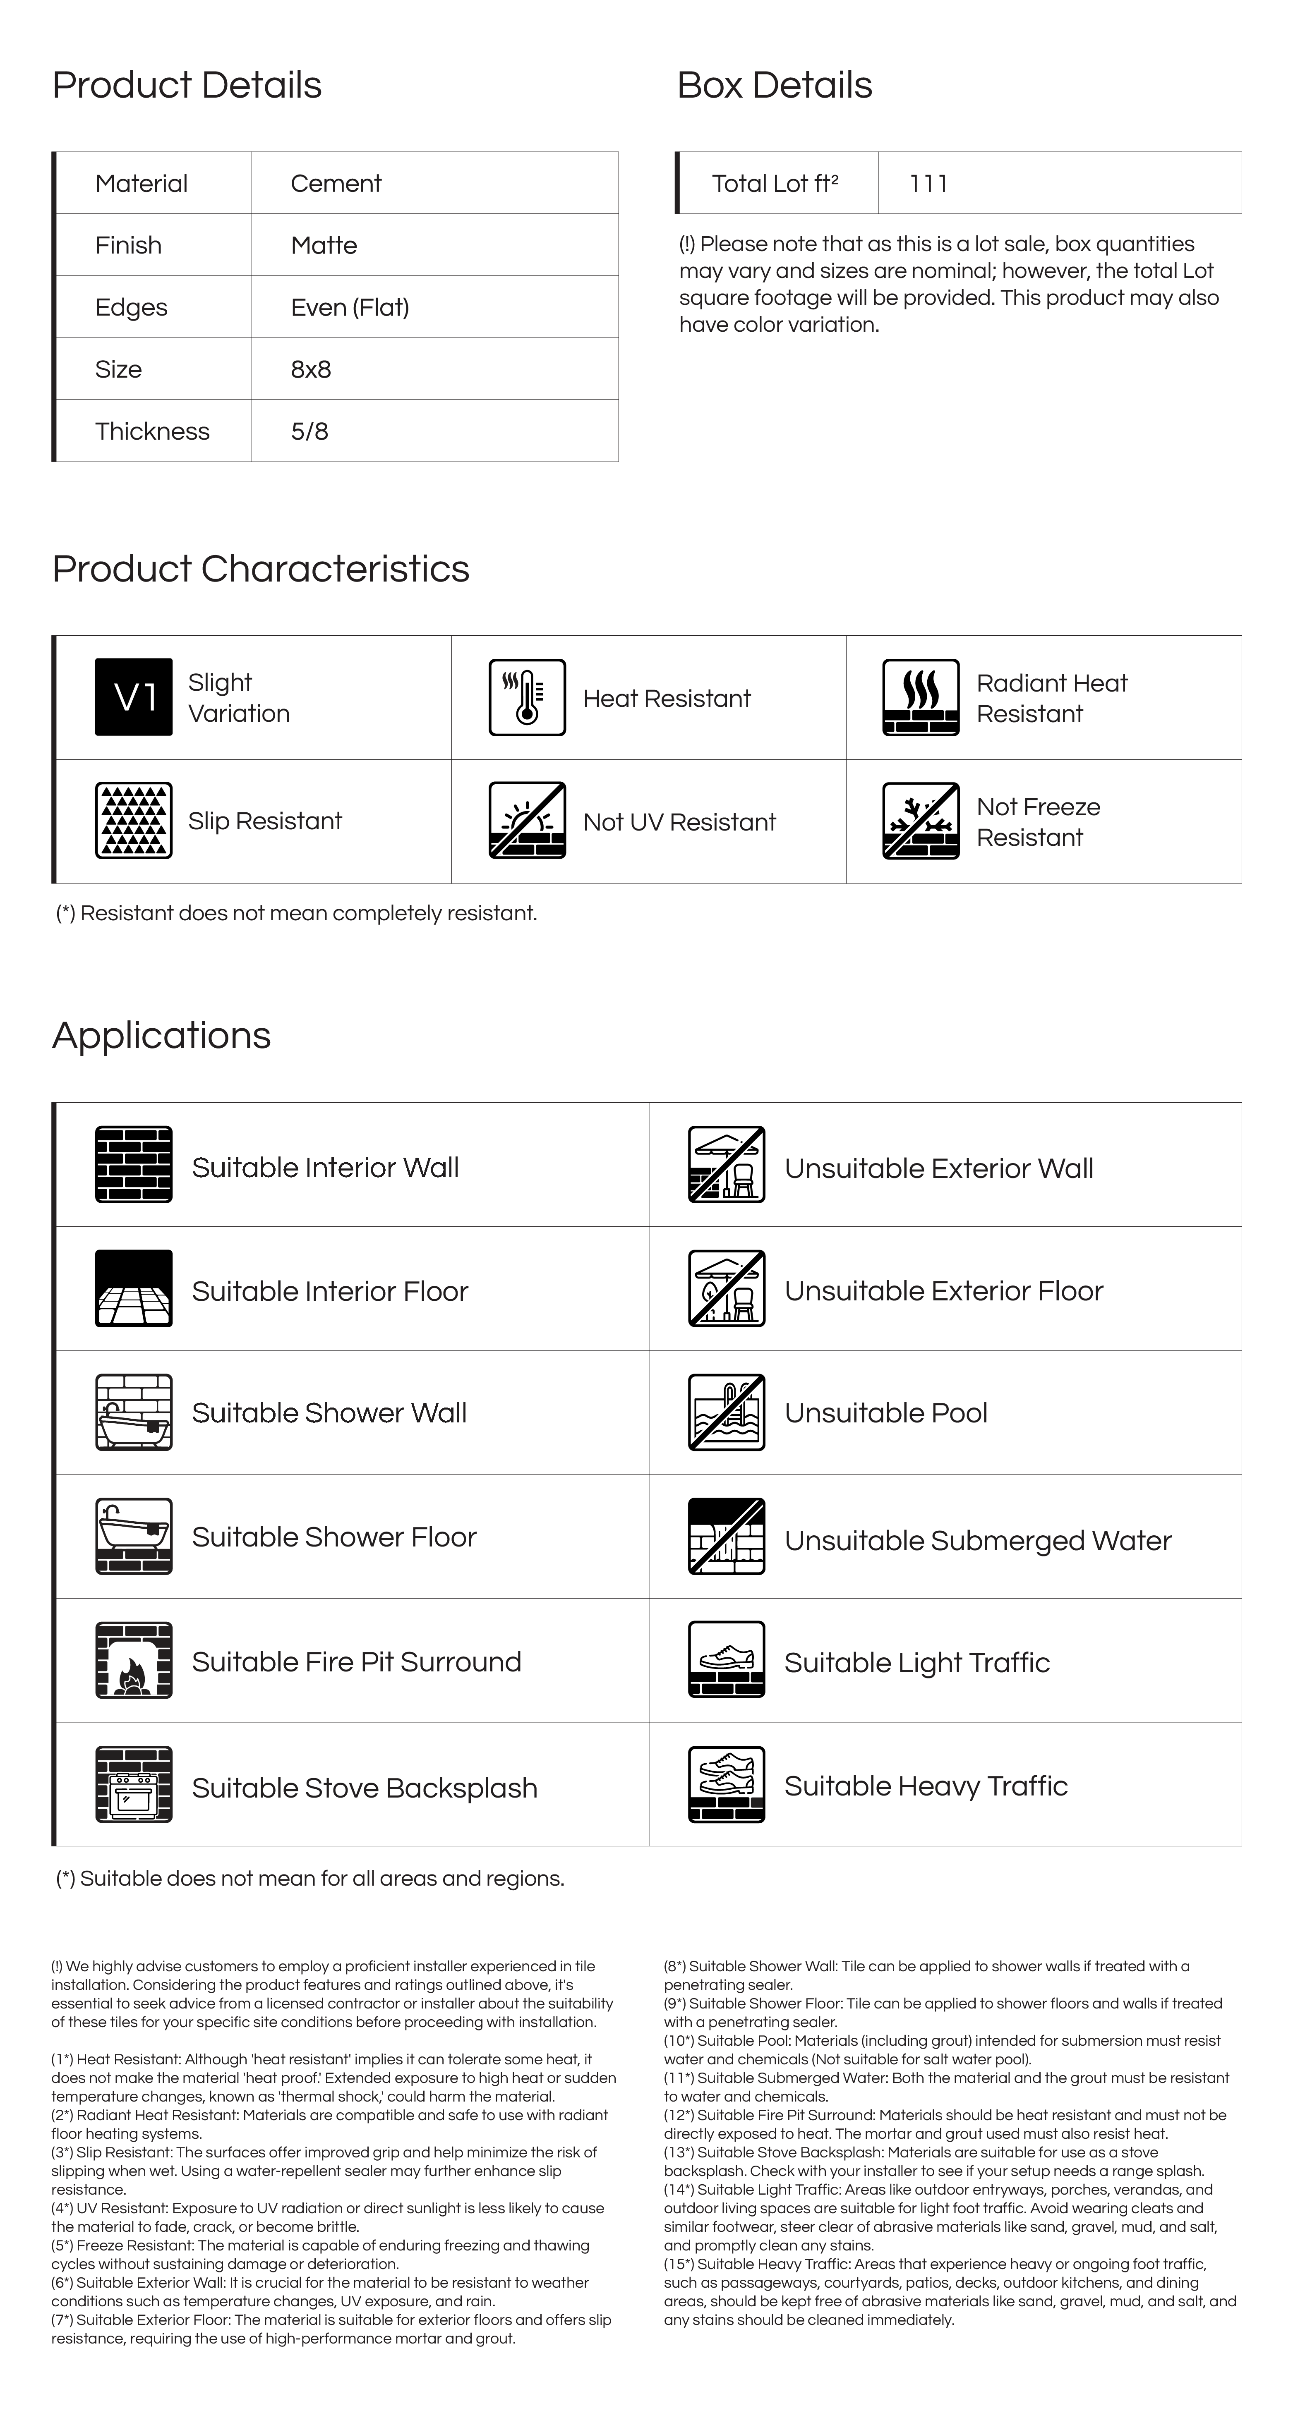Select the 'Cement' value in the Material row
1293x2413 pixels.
coord(336,184)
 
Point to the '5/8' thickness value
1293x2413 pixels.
coord(309,432)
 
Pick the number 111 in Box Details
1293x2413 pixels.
coord(928,184)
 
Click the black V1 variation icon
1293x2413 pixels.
coord(134,697)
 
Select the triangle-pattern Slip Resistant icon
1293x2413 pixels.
coord(134,821)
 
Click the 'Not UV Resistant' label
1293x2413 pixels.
coord(679,822)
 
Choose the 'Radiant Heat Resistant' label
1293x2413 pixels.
coord(1051,698)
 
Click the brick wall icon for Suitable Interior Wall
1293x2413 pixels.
coord(134,1164)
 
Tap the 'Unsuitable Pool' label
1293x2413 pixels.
coord(885,1412)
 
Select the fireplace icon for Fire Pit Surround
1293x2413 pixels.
coord(134,1660)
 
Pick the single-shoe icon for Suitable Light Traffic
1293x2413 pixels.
coord(726,1660)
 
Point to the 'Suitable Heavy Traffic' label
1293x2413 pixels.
coord(926,1786)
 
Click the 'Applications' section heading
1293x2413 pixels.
coord(161,1035)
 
